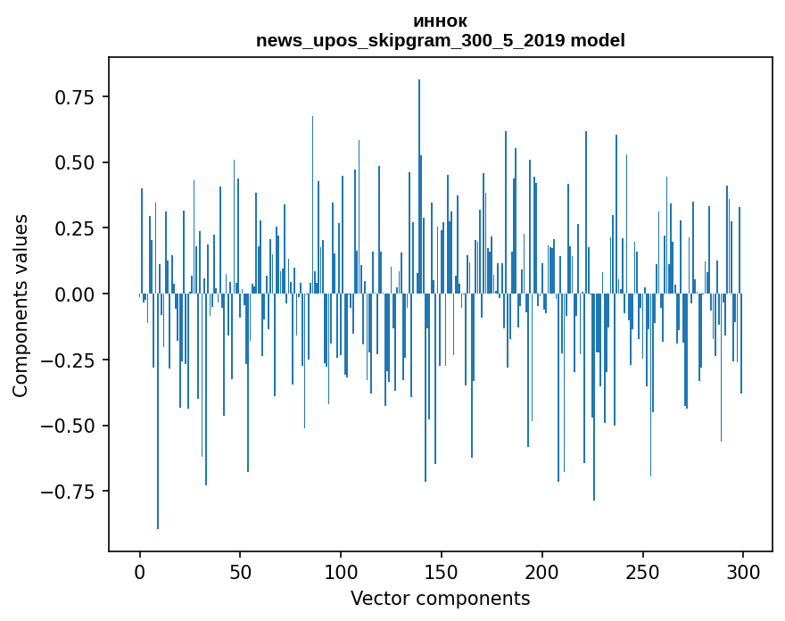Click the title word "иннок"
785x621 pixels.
point(440,21)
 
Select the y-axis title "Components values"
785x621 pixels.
point(21,305)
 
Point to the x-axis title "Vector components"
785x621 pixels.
point(440,599)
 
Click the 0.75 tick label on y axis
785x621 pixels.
point(75,96)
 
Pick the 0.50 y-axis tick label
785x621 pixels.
point(75,162)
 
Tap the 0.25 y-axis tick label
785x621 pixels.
point(75,228)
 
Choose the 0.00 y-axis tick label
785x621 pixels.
point(75,294)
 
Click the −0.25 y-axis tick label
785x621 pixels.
point(70,360)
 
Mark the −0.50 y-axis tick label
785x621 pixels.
point(70,426)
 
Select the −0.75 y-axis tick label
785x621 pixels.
point(70,492)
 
